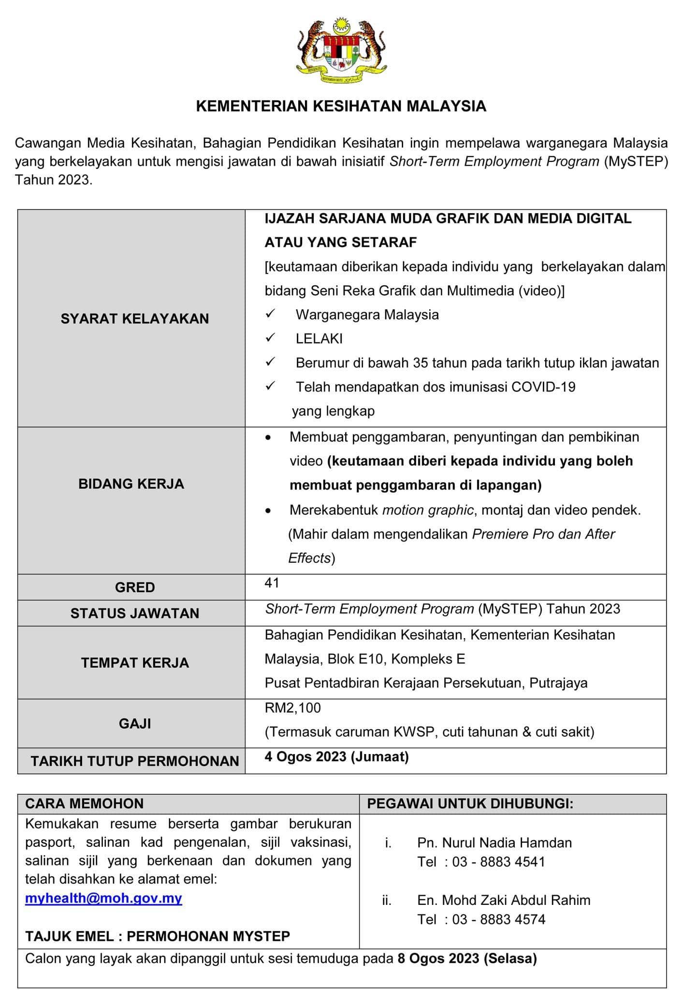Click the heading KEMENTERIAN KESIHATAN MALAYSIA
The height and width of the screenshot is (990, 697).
coord(341,106)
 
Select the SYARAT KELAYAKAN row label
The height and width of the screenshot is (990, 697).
coord(135,319)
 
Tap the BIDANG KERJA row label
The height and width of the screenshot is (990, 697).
coord(131,484)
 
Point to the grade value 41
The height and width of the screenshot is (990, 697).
coord(272,583)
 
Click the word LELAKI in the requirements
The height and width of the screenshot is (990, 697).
coord(319,338)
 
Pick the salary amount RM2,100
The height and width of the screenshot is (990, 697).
coord(293,708)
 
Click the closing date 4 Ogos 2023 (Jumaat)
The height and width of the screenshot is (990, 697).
coord(336,756)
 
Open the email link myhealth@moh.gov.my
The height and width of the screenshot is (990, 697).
coord(103,898)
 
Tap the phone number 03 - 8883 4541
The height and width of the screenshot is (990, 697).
coord(498,861)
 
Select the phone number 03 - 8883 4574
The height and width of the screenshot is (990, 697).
coord(498,919)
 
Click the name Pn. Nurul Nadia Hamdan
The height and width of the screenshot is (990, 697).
coord(494,843)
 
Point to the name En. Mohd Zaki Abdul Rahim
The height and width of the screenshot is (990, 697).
coord(504,900)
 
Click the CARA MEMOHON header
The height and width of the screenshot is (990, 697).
coord(85,803)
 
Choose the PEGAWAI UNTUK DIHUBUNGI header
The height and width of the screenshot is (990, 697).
coord(470,803)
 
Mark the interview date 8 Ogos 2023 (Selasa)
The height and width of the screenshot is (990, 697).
coord(467,958)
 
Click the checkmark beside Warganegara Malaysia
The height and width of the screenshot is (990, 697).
coord(270,314)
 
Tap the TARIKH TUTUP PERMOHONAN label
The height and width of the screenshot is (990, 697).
coord(135,761)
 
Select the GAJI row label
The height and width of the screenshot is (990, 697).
coord(135,723)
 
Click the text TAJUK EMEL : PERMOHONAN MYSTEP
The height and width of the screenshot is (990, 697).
coord(158,936)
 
